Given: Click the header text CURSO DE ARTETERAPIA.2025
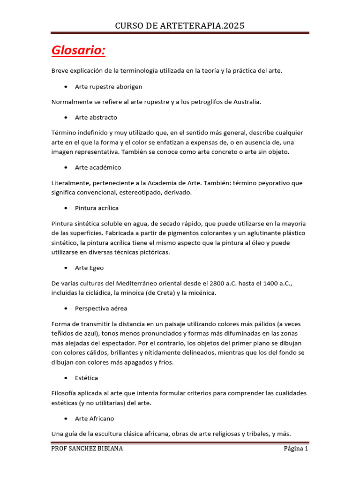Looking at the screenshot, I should tap(180, 25).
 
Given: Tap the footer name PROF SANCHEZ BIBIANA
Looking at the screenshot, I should tap(87, 449).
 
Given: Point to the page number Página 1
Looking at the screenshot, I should tap(296, 449).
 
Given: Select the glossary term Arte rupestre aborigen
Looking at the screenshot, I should tap(108, 87).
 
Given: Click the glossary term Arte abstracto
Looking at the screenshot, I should tap(96, 117).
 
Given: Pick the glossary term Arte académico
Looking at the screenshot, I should tap(98, 167).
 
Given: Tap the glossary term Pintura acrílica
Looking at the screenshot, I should tap(97, 208).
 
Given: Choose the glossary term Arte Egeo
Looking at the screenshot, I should tap(89, 268).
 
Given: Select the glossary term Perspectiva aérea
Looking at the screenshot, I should tap(101, 308).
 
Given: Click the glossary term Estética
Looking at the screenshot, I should tap(86, 377).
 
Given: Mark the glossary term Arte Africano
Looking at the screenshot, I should tap(94, 418).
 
